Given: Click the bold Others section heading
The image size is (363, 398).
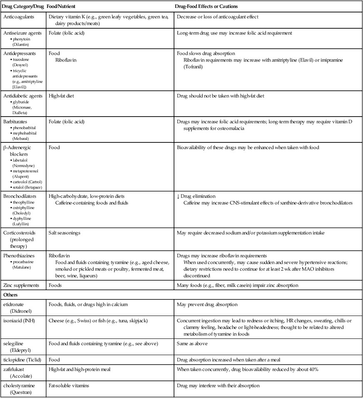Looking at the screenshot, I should coord(12,294).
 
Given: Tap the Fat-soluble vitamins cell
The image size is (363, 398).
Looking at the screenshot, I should coord(69,386).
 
